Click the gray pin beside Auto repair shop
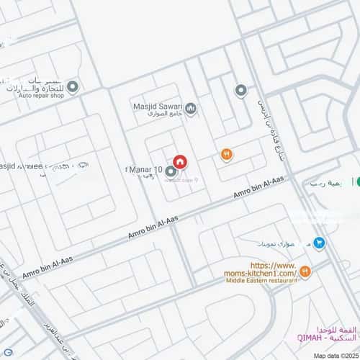click(72, 86)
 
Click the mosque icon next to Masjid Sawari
click(191, 109)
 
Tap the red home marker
click(180, 161)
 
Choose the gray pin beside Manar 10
click(171, 172)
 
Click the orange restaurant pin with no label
click(226, 153)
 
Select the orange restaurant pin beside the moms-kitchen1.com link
click(305, 271)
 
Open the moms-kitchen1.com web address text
click(260, 270)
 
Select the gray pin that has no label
click(241, 90)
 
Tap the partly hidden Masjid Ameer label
click(32, 167)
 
